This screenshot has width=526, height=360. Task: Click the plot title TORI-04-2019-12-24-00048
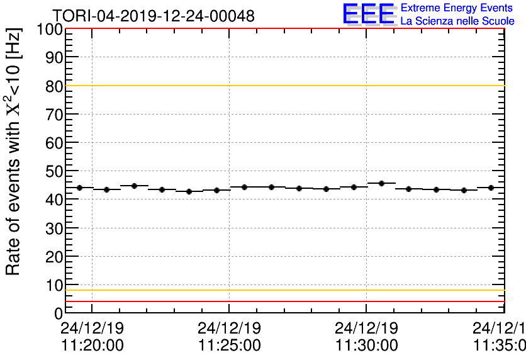pyautogui.click(x=153, y=16)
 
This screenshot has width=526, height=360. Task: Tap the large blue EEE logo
pyautogui.click(x=369, y=14)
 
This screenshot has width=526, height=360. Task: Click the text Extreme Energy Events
pyautogui.click(x=457, y=9)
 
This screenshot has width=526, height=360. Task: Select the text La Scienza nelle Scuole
pyautogui.click(x=457, y=21)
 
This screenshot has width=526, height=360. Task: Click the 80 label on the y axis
pyautogui.click(x=54, y=86)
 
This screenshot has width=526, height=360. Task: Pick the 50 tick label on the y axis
pyautogui.click(x=54, y=171)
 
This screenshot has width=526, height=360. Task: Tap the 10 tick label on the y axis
pyautogui.click(x=54, y=284)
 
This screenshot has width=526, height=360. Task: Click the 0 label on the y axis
pyautogui.click(x=58, y=313)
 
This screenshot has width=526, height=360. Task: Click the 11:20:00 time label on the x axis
pyautogui.click(x=92, y=346)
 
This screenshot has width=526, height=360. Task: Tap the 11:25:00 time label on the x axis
pyautogui.click(x=229, y=346)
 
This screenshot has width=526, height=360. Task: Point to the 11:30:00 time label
pyautogui.click(x=366, y=346)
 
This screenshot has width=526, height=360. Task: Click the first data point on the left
pyautogui.click(x=79, y=188)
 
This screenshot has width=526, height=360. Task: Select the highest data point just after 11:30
pyautogui.click(x=381, y=183)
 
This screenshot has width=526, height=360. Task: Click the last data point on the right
pyautogui.click(x=490, y=188)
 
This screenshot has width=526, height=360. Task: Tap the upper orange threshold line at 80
pyautogui.click(x=283, y=86)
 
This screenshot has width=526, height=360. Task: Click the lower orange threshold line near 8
pyautogui.click(x=283, y=290)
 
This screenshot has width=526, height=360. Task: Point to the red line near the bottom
pyautogui.click(x=283, y=301)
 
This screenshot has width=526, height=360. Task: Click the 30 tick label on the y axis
pyautogui.click(x=54, y=228)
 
